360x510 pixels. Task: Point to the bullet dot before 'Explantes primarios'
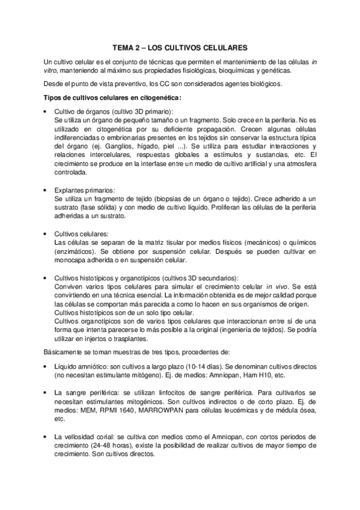[46, 191]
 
